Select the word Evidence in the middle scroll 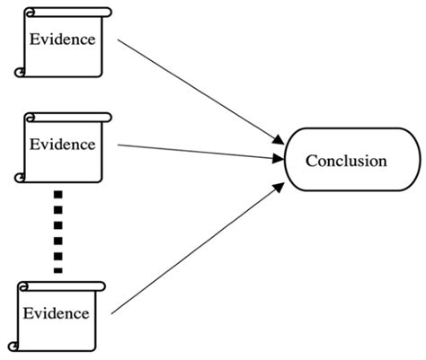(x=62, y=143)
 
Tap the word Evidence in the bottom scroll (x=56, y=313)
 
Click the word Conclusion (x=346, y=162)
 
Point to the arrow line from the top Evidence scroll (x=198, y=90)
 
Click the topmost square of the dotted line (x=58, y=194)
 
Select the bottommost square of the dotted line (x=58, y=268)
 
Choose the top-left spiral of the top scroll (x=31, y=13)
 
